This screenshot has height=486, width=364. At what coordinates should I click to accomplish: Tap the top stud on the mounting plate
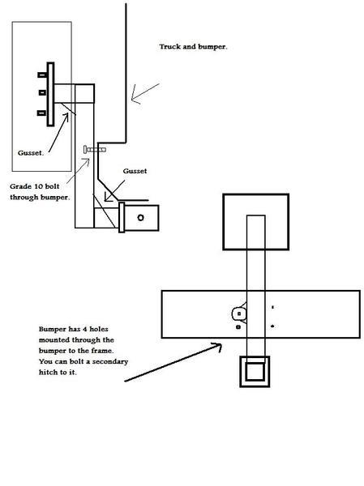(x=42, y=75)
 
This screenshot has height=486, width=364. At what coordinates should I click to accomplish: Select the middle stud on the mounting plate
(x=43, y=92)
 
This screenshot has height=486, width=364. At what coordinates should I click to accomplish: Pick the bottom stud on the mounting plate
(x=42, y=113)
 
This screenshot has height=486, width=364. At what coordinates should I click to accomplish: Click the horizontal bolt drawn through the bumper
(x=95, y=150)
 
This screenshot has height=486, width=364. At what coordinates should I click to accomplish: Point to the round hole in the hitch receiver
(x=140, y=218)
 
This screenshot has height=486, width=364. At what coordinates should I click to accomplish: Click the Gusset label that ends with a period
(x=31, y=153)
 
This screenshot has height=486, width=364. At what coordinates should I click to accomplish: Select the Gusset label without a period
(x=135, y=171)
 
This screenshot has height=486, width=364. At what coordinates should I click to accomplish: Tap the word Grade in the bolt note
(x=20, y=186)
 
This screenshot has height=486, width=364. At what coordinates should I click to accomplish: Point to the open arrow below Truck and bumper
(x=145, y=94)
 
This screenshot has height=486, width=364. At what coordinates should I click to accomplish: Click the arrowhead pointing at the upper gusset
(x=66, y=117)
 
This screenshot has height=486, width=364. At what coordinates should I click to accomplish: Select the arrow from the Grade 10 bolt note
(x=78, y=170)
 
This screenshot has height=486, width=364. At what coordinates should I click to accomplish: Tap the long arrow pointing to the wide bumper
(x=173, y=362)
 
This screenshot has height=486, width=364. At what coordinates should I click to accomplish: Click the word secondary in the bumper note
(x=110, y=362)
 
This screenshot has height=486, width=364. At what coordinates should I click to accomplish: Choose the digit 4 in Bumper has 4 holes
(x=84, y=329)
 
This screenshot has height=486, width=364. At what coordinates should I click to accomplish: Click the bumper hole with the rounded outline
(x=238, y=313)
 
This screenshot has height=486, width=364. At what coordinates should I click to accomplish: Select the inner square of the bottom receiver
(x=255, y=372)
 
